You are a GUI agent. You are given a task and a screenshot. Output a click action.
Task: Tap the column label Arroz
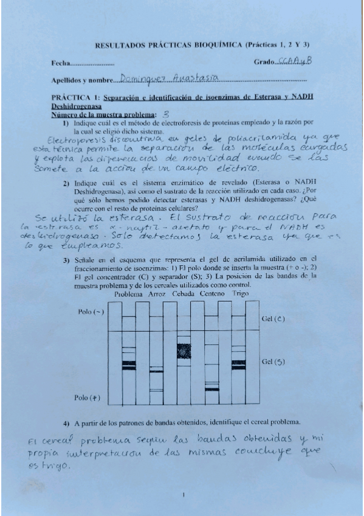tap(157, 295)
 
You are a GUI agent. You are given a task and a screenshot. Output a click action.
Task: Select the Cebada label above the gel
tap(185, 295)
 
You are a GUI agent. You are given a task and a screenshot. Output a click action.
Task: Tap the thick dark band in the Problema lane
tap(128, 365)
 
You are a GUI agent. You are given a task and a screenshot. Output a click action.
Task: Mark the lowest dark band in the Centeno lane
tap(211, 388)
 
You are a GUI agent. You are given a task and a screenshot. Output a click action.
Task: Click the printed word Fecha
tap(60, 63)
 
